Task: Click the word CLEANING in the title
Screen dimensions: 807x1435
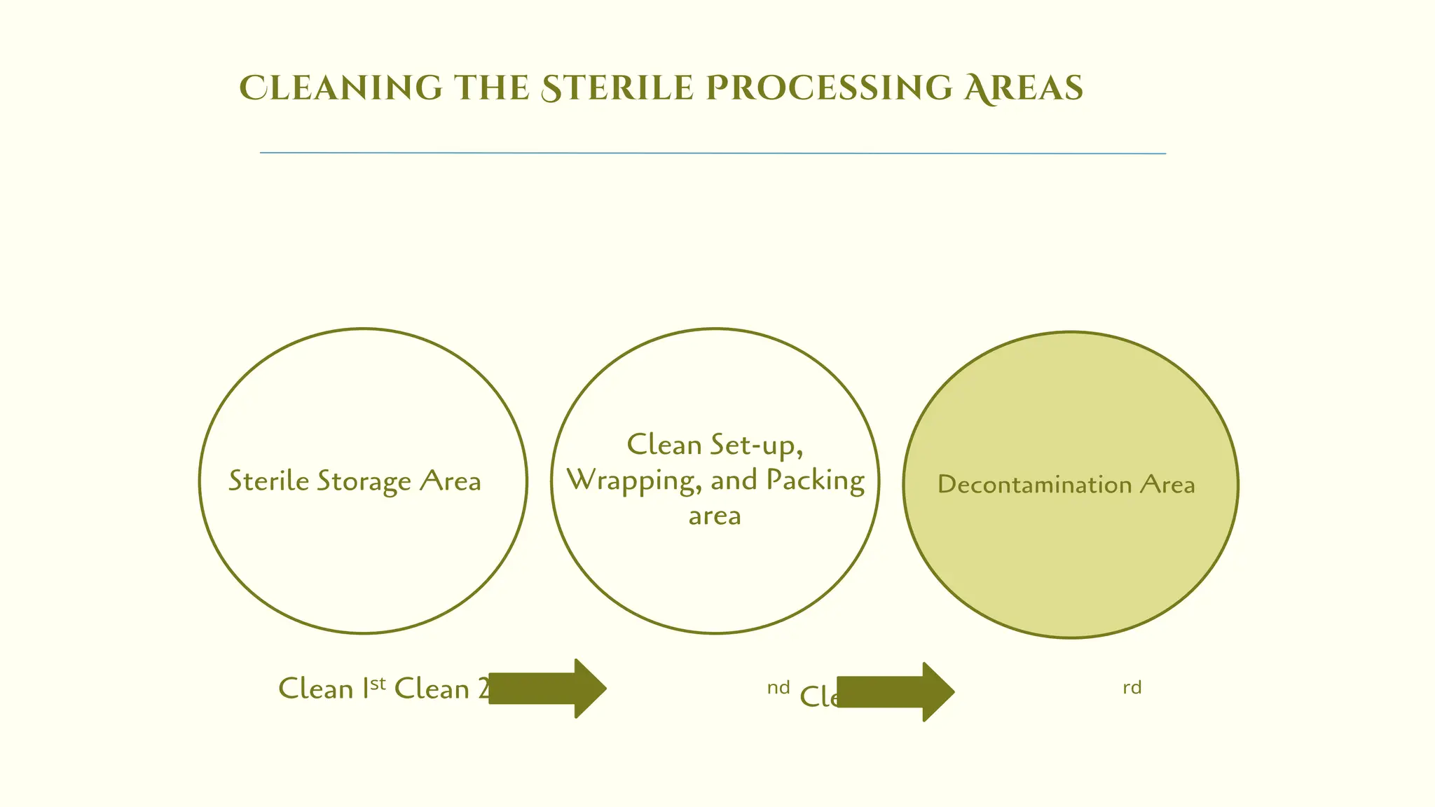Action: (341, 88)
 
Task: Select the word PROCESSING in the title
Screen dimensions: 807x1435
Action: (829, 88)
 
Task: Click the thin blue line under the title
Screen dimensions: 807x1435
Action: (713, 153)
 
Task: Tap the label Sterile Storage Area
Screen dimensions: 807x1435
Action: (355, 481)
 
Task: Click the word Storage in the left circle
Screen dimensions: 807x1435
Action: (364, 482)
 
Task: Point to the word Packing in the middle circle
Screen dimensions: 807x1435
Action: (815, 481)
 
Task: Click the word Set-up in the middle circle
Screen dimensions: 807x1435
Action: (755, 446)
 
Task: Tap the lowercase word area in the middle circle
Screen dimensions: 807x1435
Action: (715, 516)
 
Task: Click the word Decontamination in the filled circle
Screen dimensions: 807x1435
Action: (1034, 485)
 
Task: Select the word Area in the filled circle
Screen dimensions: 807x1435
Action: (1167, 484)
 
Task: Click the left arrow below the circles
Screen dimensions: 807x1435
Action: (547, 689)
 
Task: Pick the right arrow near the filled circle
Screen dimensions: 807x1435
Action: (895, 692)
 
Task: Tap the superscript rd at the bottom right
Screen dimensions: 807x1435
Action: (1132, 688)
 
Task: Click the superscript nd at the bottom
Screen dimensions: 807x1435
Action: (778, 688)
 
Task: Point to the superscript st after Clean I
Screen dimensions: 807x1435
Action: (378, 683)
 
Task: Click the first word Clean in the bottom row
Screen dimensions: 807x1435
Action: (315, 689)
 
